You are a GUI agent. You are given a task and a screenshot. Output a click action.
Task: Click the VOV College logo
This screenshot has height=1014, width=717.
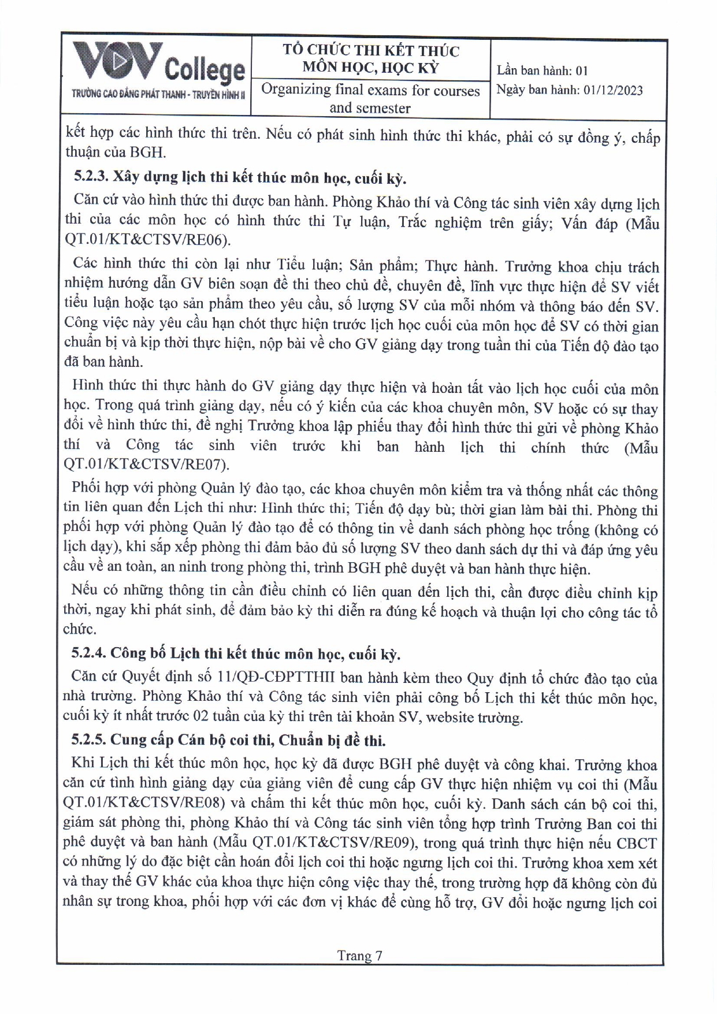(x=156, y=65)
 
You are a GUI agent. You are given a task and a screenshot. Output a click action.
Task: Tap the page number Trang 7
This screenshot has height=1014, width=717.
(x=359, y=955)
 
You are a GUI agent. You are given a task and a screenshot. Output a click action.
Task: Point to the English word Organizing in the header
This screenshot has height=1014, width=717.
(x=295, y=90)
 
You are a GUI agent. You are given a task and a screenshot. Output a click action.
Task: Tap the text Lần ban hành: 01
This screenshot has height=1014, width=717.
(x=542, y=70)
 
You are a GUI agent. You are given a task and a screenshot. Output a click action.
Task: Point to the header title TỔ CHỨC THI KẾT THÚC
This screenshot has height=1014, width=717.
(x=371, y=51)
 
